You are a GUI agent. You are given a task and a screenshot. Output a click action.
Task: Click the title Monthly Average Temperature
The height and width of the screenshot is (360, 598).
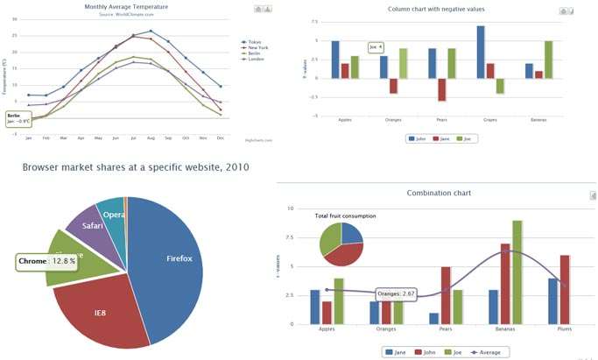(126, 7)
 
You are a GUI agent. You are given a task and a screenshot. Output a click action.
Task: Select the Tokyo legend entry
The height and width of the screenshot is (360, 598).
(253, 41)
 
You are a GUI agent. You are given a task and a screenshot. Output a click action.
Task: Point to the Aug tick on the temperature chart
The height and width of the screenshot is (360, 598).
(151, 138)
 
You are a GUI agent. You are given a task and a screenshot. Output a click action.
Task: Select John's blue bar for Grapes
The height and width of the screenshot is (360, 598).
(481, 52)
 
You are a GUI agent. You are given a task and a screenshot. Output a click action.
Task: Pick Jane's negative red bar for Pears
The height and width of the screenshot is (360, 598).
(443, 89)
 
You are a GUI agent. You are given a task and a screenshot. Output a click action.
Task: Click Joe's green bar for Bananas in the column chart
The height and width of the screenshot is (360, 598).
(548, 59)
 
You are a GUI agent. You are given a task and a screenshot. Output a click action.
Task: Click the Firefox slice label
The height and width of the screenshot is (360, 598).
(179, 258)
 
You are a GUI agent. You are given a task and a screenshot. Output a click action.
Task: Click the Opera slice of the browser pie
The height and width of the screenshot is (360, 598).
(113, 214)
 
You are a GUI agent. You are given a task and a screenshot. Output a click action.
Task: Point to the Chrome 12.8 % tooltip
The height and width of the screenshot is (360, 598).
(47, 261)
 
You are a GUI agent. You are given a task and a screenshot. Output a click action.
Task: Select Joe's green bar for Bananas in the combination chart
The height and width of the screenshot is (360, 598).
(517, 272)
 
